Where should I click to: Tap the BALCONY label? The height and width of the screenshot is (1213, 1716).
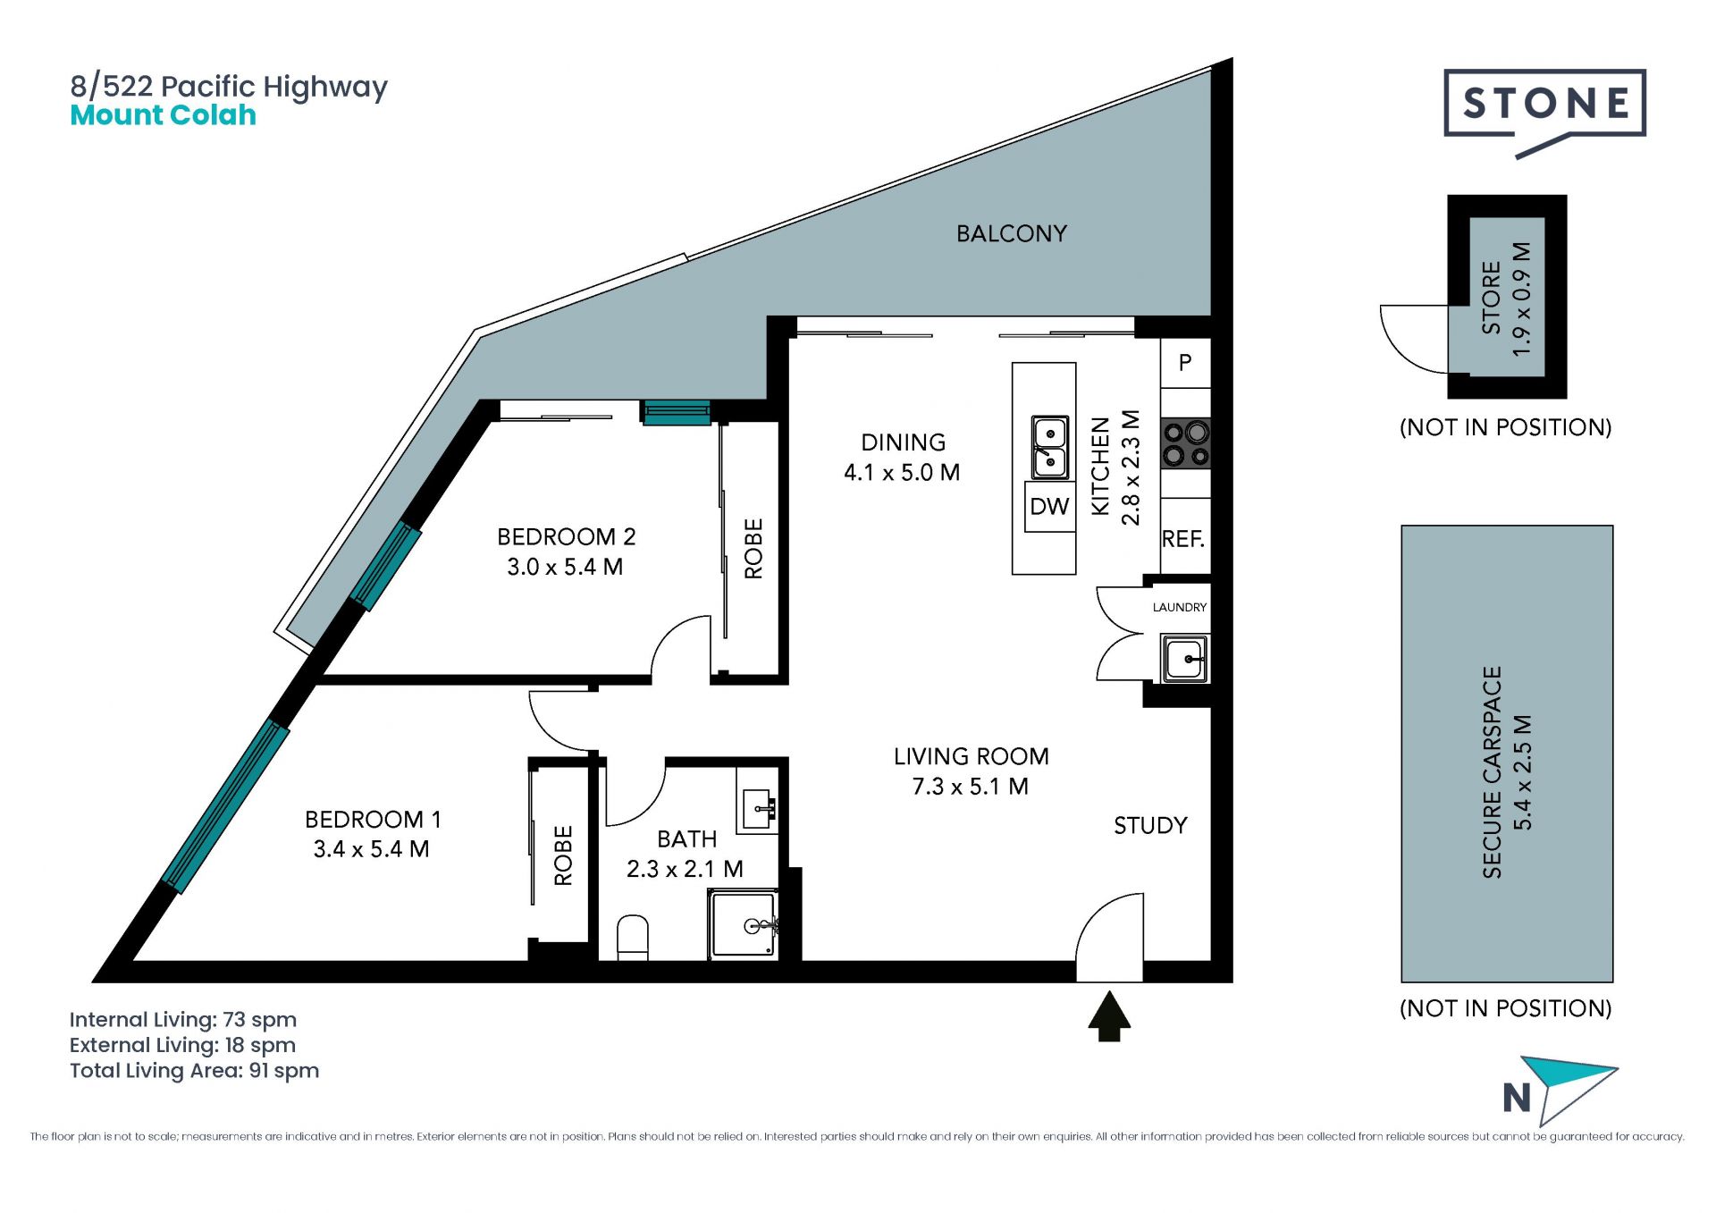click(x=1012, y=234)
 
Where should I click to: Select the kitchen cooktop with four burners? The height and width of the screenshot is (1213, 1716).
click(x=1185, y=444)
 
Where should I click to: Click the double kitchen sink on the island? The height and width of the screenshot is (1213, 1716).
click(x=1050, y=447)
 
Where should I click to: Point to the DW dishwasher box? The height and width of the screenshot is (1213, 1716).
click(x=1049, y=507)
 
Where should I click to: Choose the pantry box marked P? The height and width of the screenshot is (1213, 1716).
click(x=1185, y=363)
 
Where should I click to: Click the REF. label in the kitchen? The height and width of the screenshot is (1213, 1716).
click(x=1183, y=539)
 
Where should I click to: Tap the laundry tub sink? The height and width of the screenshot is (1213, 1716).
click(x=1184, y=658)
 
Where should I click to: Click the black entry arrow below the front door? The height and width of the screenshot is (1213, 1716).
click(x=1109, y=1015)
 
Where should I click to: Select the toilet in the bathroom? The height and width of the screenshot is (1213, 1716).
click(x=633, y=938)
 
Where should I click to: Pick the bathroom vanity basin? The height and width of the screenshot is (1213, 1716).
click(x=757, y=810)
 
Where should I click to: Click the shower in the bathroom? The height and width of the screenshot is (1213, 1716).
click(x=744, y=924)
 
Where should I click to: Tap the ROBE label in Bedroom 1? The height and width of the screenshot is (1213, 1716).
click(x=563, y=855)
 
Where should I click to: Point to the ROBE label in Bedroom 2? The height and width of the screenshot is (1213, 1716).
click(x=753, y=549)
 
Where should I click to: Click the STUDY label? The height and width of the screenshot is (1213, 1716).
click(x=1150, y=826)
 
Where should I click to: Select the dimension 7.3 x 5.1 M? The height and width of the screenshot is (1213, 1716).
click(x=971, y=787)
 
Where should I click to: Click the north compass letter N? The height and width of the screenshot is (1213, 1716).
click(x=1517, y=1098)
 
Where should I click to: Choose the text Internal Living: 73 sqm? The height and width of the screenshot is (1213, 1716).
click(x=183, y=1020)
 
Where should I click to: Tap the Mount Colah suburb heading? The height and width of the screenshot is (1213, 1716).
click(x=164, y=115)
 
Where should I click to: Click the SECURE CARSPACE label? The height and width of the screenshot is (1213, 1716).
click(x=1492, y=772)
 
